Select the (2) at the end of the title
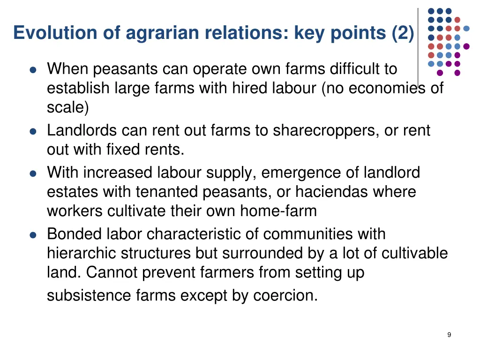(403, 33)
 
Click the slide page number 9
(449, 335)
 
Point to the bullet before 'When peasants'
(33, 70)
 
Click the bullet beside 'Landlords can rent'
(33, 132)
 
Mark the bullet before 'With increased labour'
(33, 174)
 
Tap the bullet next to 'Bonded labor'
(33, 235)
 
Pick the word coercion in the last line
(285, 296)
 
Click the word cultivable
(414, 253)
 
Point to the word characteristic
(203, 233)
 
